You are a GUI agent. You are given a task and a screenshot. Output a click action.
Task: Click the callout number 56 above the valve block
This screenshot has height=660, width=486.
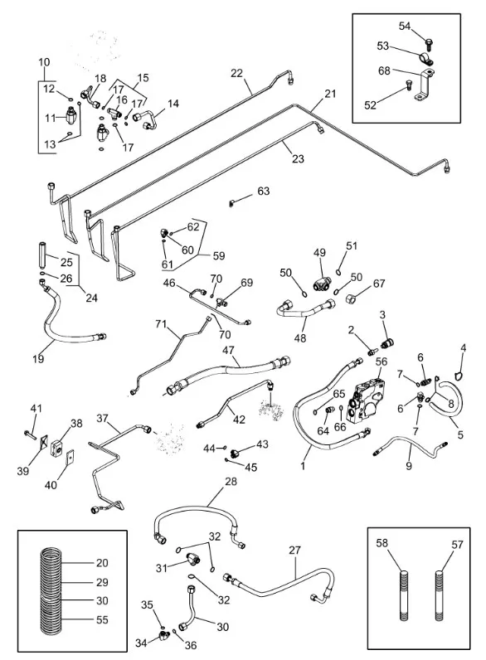pyautogui.click(x=382, y=362)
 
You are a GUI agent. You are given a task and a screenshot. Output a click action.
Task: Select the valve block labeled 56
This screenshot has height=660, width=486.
pyautogui.click(x=366, y=400)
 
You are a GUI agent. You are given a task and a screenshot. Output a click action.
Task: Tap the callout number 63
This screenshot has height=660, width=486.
pyautogui.click(x=263, y=191)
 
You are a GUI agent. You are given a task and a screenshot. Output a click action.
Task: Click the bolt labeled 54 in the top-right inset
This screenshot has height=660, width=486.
pyautogui.click(x=429, y=42)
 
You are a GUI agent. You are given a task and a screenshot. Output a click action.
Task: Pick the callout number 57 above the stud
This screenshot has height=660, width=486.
pyautogui.click(x=457, y=544)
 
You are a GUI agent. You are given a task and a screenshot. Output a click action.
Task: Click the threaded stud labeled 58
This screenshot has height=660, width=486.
pyautogui.click(x=404, y=595)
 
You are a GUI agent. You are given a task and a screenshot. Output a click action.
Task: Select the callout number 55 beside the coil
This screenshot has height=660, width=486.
pyautogui.click(x=102, y=619)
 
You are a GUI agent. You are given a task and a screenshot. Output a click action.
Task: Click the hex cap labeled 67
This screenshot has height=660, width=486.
pyautogui.click(x=351, y=298)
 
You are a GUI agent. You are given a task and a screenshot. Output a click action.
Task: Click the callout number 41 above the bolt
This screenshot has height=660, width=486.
pyautogui.click(x=36, y=408)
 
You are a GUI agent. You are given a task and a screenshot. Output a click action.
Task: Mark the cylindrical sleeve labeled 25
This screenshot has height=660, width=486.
pyautogui.click(x=42, y=256)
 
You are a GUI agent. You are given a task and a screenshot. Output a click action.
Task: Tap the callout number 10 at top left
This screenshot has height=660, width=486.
pyautogui.click(x=44, y=62)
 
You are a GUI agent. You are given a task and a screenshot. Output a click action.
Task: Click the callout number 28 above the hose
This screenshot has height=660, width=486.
pyautogui.click(x=231, y=481)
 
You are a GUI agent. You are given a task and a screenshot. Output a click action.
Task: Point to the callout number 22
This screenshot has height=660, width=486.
pyautogui.click(x=236, y=73)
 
